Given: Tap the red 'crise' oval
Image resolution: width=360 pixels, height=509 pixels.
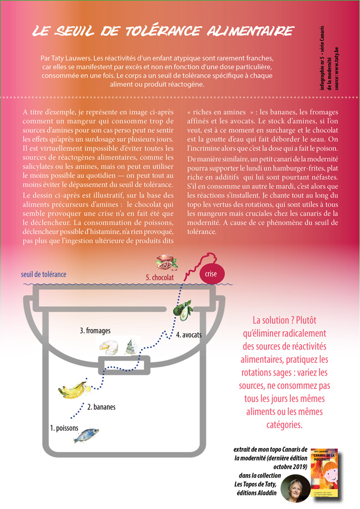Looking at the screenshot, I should (x=210, y=274).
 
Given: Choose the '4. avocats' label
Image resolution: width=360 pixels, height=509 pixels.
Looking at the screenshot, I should (x=189, y=335).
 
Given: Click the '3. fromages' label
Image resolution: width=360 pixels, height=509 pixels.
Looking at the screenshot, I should (x=95, y=331).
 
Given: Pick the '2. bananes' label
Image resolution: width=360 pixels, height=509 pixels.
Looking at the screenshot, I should (x=101, y=407).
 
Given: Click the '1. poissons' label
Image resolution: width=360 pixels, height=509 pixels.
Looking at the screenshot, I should (x=64, y=428).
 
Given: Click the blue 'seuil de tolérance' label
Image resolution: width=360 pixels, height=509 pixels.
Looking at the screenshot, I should (x=44, y=274).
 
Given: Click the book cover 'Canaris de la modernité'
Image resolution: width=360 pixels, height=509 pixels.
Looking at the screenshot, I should (x=325, y=473).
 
